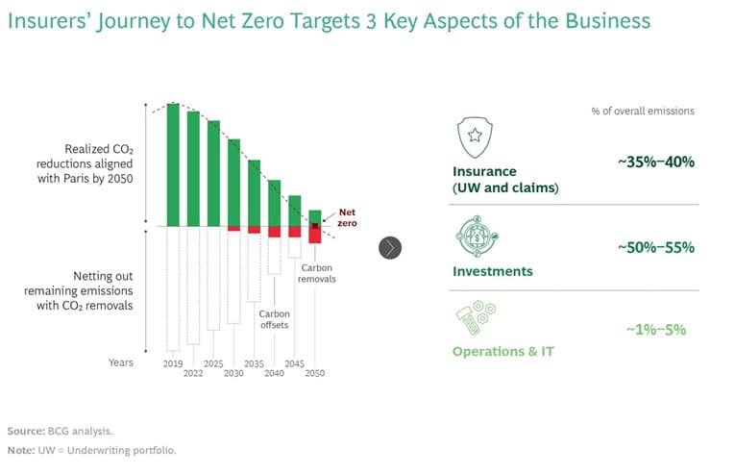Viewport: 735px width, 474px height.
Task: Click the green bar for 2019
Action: (x=173, y=164)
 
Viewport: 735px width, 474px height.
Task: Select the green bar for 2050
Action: (x=315, y=217)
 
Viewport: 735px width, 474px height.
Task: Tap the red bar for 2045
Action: (x=295, y=232)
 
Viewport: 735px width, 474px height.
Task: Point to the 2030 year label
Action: (x=233, y=373)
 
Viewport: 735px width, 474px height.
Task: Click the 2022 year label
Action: (x=193, y=373)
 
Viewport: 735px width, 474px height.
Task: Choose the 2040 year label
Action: (x=275, y=373)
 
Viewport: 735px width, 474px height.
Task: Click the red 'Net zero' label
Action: (x=347, y=216)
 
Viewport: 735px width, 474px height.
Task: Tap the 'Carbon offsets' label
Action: (x=274, y=319)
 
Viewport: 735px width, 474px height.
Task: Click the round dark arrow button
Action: (x=389, y=247)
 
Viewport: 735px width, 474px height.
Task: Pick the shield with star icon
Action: (x=473, y=137)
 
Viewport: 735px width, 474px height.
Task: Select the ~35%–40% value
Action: (x=655, y=162)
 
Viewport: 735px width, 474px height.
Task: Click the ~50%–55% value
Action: (x=655, y=248)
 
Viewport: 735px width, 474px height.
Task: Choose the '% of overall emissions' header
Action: (x=642, y=112)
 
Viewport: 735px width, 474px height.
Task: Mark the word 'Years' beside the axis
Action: (x=121, y=362)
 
